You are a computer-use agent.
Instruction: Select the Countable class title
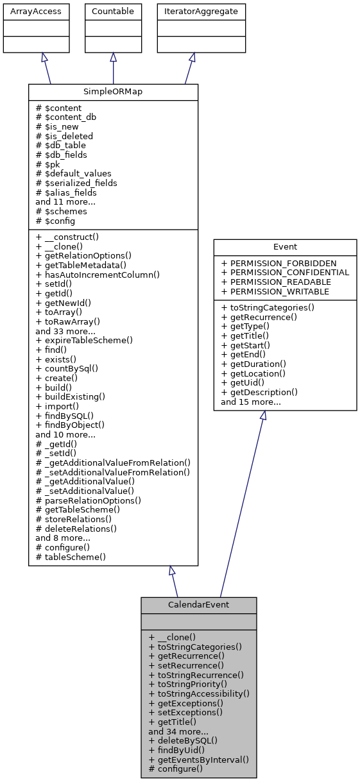pyautogui.click(x=113, y=11)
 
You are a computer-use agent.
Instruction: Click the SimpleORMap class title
pyautogui.click(x=113, y=92)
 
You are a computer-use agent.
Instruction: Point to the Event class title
pyautogui.click(x=285, y=247)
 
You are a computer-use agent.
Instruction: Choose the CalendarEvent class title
pyautogui.click(x=199, y=605)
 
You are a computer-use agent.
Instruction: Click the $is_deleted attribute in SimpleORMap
pyautogui.click(x=64, y=136)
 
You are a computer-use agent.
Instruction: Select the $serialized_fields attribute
pyautogui.click(x=76, y=183)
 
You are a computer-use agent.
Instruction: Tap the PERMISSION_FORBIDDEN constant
pyautogui.click(x=279, y=263)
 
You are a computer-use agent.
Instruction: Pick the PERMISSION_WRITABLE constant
pyautogui.click(x=274, y=291)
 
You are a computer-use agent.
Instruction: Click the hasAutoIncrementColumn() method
pyautogui.click(x=98, y=275)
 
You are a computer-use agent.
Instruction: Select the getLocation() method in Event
pyautogui.click(x=253, y=373)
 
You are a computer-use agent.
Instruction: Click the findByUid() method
pyautogui.click(x=176, y=749)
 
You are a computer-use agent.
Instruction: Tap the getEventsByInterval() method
pyautogui.click(x=198, y=759)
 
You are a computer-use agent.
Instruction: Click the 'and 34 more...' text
pyautogui.click(x=178, y=731)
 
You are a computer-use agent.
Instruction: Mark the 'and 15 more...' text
pyautogui.click(x=251, y=402)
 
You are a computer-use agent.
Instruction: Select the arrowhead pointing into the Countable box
pyautogui.click(x=113, y=58)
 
